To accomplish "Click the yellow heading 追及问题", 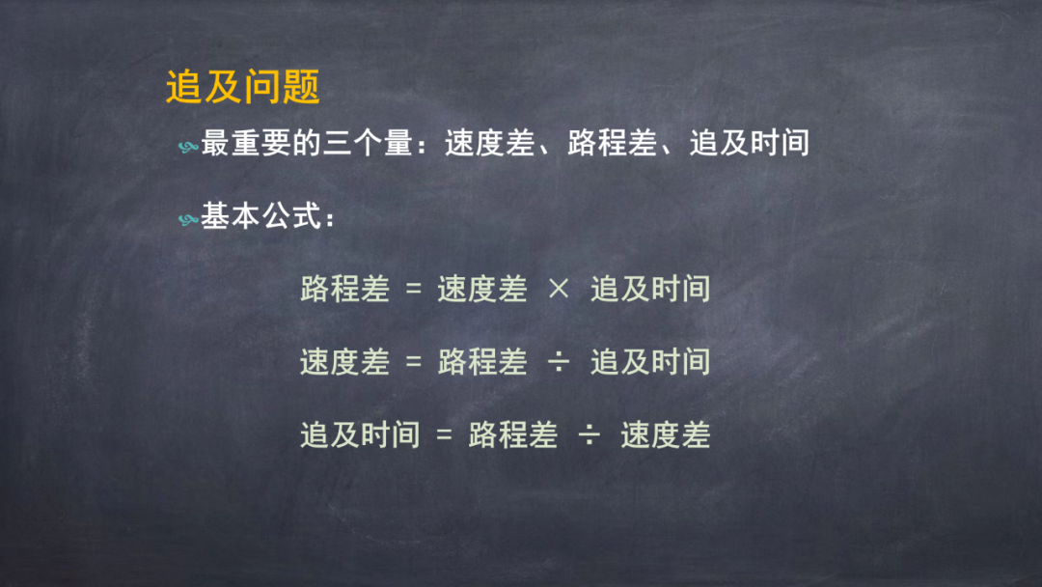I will coord(242,87).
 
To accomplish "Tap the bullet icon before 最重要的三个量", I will coord(188,147).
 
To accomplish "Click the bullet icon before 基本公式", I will coord(188,220).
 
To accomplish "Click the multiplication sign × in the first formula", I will coord(559,290).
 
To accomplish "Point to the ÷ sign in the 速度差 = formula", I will coord(559,362).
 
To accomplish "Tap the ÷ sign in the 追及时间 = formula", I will coord(589,435).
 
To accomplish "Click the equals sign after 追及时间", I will coord(444,435).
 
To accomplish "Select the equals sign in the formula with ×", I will coord(414,290).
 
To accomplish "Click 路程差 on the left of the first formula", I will coord(344,289).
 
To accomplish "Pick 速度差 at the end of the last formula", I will coord(665,434).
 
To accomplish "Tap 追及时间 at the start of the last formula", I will coord(360,434).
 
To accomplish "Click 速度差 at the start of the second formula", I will coord(344,361).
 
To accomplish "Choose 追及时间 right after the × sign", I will coord(650,289).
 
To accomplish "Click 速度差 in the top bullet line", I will coord(488,145).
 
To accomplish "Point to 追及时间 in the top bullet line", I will coord(749,145).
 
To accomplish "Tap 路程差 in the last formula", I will coord(512,434).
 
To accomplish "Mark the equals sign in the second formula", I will coord(414,362).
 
